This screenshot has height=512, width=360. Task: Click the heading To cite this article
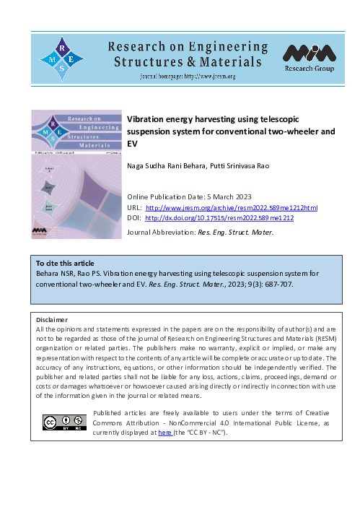point(66,264)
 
